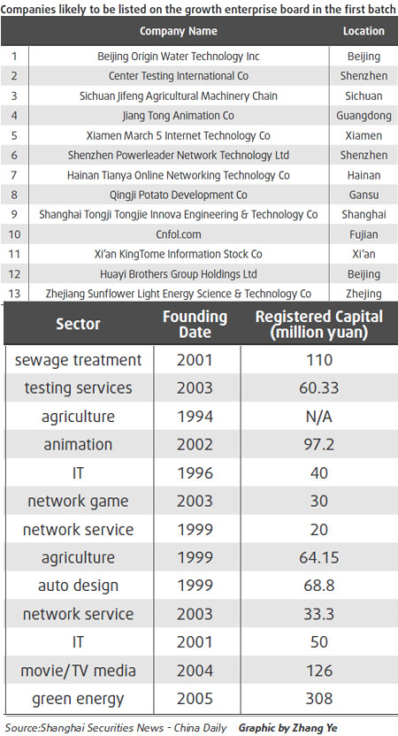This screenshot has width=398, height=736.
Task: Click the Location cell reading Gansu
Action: pos(364,195)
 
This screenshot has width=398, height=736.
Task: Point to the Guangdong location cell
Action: pos(364,115)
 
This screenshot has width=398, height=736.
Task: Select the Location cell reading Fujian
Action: pos(364,234)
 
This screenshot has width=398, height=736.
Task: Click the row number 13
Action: pos(14,294)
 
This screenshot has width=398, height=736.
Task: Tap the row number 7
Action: pos(14,175)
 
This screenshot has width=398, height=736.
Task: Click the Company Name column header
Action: pos(178,31)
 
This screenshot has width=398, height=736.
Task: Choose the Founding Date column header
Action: pos(195,325)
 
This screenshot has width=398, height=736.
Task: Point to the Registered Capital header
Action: pos(318,325)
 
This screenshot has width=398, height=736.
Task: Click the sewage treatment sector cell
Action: pos(79,360)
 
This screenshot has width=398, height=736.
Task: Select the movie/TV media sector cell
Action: pos(79,671)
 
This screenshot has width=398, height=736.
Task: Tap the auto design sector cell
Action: pos(79,586)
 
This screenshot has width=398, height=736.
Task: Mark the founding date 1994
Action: pos(195,416)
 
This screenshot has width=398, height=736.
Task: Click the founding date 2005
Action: pos(195,699)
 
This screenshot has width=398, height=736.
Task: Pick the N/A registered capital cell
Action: pos(318,416)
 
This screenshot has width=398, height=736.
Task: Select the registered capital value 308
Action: pos(318,699)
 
